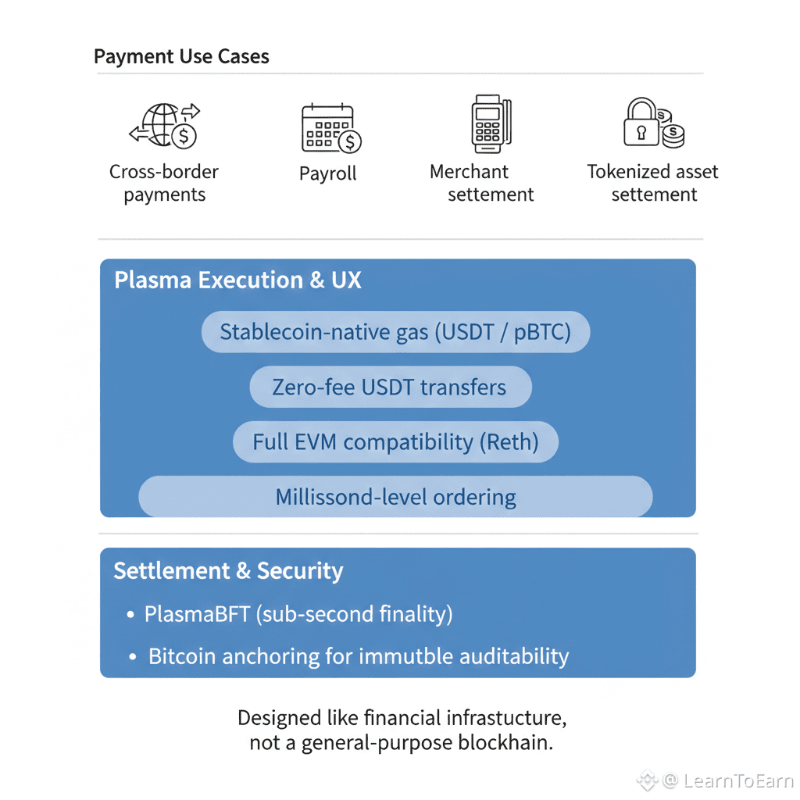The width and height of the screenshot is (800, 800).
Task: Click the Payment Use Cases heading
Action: click(x=181, y=57)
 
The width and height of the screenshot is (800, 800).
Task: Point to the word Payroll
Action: click(x=327, y=173)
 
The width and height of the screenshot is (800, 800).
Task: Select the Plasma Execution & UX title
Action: click(x=237, y=280)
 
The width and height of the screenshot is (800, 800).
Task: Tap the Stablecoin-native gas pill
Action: click(x=395, y=332)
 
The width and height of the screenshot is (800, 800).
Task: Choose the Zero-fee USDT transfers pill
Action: click(x=390, y=387)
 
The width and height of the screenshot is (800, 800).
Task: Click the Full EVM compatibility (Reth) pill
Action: click(x=395, y=442)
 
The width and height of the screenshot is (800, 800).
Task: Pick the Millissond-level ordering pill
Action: click(x=395, y=497)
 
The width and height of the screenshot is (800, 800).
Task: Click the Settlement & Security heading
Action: click(x=228, y=571)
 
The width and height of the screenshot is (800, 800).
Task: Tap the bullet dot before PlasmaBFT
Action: click(x=130, y=616)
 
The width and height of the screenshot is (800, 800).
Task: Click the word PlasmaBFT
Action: click(x=196, y=614)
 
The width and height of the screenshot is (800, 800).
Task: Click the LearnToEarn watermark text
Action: click(x=737, y=780)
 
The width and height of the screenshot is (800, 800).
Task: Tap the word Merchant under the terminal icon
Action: click(x=469, y=172)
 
